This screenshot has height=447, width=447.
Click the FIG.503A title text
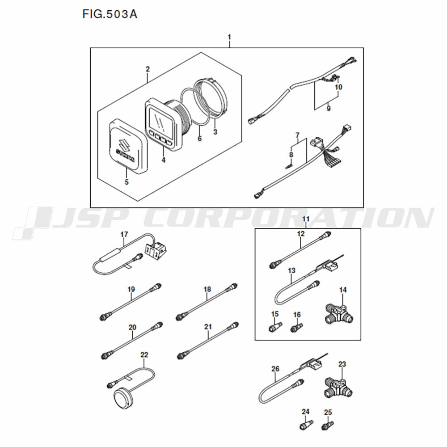pyautogui.click(x=110, y=14)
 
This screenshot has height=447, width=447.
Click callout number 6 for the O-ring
pyautogui.click(x=199, y=139)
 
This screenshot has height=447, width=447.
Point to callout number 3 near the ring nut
pyautogui.click(x=215, y=132)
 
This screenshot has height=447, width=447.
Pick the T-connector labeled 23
pyautogui.click(x=339, y=388)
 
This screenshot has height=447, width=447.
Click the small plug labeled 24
pyautogui.click(x=306, y=424)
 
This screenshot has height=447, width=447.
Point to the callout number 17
pyautogui.click(x=124, y=235)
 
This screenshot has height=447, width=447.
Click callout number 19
pyautogui.click(x=131, y=290)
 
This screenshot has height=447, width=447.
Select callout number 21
pyautogui.click(x=208, y=327)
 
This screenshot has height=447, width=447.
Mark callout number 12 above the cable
pyautogui.click(x=301, y=234)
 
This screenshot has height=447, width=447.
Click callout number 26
pyautogui.click(x=275, y=369)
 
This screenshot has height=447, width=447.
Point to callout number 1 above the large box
pyautogui.click(x=229, y=38)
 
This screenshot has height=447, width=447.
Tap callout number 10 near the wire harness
pyautogui.click(x=338, y=87)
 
